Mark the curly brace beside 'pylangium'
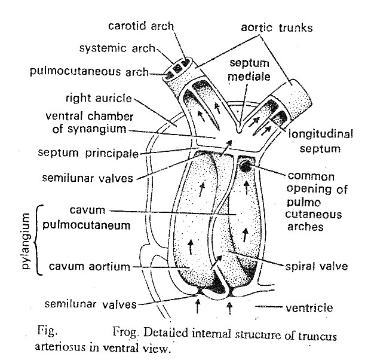coord(40,239)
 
